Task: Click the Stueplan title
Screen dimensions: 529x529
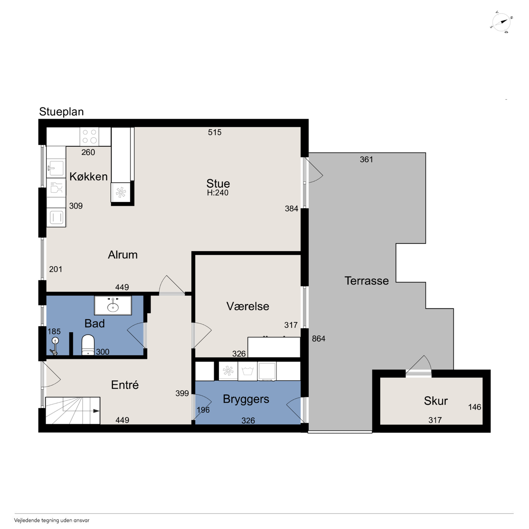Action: (61, 112)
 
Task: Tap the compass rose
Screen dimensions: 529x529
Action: (501, 23)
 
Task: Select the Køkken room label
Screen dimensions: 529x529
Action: (88, 176)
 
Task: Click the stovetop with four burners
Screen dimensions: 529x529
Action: (90, 136)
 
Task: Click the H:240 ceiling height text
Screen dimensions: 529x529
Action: (218, 193)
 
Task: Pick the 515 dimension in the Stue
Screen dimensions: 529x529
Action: (214, 132)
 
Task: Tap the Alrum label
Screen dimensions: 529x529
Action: (123, 255)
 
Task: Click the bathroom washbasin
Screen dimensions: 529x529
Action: (113, 305)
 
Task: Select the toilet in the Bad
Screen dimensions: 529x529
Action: (88, 345)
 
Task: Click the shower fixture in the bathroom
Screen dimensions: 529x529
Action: (55, 346)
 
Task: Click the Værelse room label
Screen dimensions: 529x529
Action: (248, 306)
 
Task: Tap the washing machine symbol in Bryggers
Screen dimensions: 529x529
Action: (248, 371)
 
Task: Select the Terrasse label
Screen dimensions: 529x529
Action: (367, 281)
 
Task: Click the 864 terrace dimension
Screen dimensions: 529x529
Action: (319, 339)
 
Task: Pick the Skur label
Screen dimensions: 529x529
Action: (436, 401)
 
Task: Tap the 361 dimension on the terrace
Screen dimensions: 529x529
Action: (367, 160)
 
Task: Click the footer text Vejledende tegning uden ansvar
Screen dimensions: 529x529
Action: (52, 520)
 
